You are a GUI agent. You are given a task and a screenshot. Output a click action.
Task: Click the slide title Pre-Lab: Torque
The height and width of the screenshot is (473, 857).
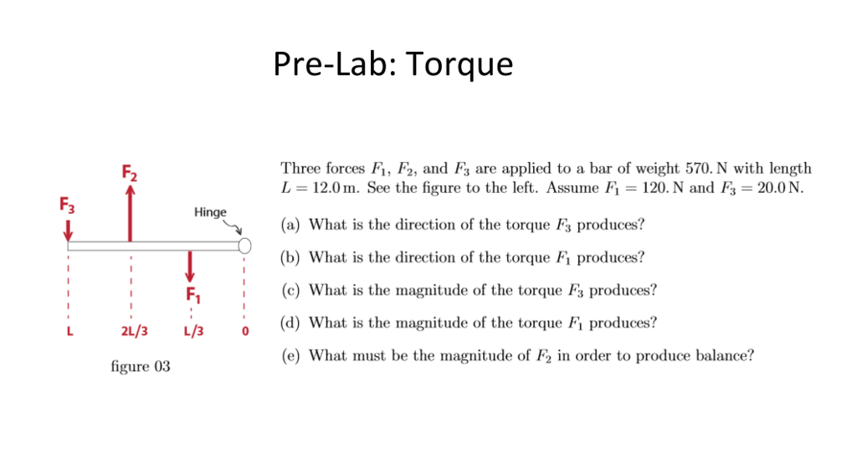coord(393,64)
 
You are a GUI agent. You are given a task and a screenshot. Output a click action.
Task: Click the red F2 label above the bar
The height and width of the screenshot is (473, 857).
coord(129,173)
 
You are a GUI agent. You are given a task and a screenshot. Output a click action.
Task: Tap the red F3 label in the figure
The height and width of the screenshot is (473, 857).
coord(66,204)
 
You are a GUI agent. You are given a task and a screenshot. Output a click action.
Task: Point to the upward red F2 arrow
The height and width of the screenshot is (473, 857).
coord(130,213)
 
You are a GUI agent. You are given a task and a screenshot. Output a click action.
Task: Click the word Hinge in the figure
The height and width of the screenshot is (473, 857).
coord(210,212)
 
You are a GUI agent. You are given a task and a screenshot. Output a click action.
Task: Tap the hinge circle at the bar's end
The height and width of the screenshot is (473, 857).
coord(244,246)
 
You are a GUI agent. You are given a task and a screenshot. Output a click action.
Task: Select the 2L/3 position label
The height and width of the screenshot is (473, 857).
coord(133,331)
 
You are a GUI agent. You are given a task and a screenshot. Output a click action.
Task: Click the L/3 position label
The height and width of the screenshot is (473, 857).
coord(193,331)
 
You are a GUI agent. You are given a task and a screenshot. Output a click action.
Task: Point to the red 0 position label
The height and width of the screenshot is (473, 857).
coord(245,332)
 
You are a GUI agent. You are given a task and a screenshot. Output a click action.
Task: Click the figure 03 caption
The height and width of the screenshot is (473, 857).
coord(141,367)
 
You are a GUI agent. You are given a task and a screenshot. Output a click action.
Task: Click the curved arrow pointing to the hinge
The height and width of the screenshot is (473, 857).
coord(234,226)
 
